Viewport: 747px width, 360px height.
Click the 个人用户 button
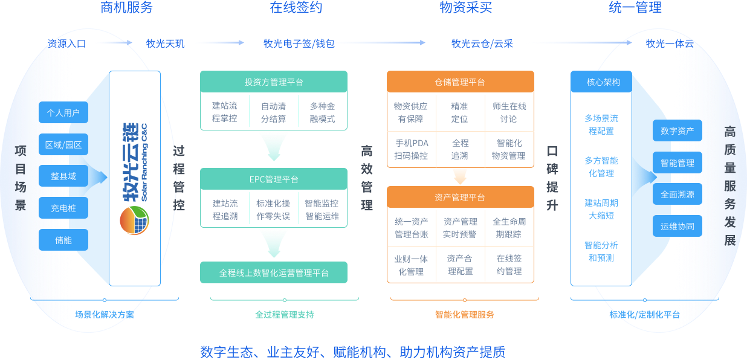tap(63, 113)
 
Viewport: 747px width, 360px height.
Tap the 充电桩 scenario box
tap(63, 208)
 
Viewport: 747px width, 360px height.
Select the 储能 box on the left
tap(63, 240)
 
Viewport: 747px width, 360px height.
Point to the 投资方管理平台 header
tap(274, 82)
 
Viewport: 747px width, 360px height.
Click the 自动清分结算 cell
tap(274, 112)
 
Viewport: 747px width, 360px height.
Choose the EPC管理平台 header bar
tap(274, 179)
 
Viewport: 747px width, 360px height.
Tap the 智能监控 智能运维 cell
tap(322, 210)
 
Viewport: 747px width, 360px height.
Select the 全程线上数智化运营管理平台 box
tap(274, 273)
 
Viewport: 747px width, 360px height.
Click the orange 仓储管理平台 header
tap(460, 82)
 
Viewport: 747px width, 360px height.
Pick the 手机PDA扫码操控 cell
tap(411, 149)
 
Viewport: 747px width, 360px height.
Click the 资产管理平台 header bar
tap(460, 198)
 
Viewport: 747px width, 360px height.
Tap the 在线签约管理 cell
tap(509, 265)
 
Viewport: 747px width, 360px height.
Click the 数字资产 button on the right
tap(677, 131)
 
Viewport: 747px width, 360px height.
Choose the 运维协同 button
tap(677, 227)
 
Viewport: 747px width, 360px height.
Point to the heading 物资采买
tap(465, 8)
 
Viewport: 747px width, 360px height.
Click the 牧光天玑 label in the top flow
tap(165, 43)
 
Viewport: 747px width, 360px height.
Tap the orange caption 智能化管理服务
tap(464, 315)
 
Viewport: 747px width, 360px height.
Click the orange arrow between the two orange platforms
tap(460, 176)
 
